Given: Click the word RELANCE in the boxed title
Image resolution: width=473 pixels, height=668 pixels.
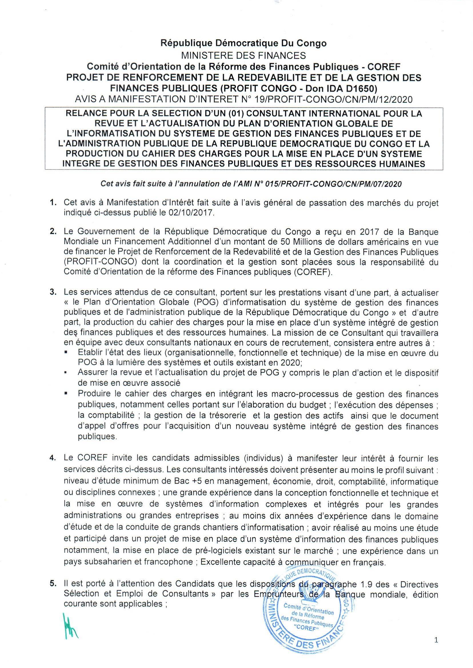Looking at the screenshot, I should click(x=84, y=114).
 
